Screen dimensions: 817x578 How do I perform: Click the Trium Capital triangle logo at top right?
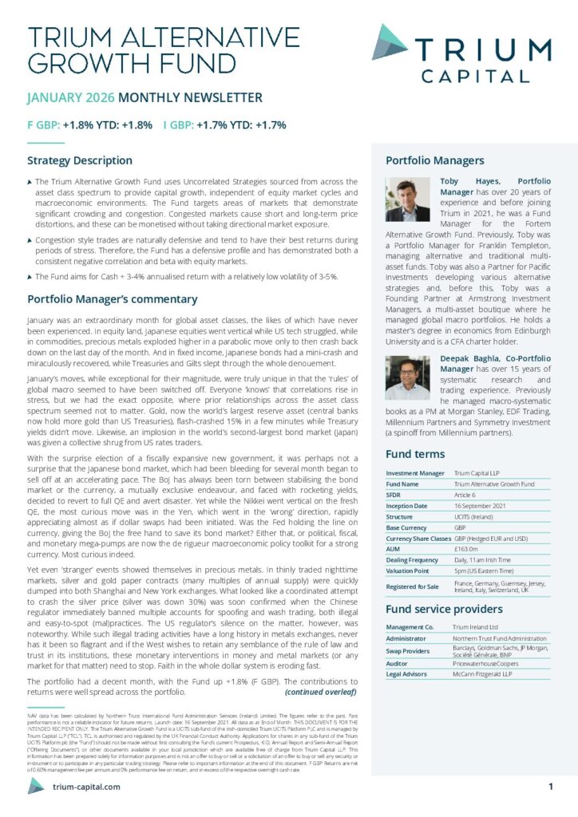coord(390,41)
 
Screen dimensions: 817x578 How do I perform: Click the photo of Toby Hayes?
coord(407,199)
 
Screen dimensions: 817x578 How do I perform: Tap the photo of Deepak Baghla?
coord(407,378)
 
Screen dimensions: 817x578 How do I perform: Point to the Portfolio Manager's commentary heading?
coord(113,299)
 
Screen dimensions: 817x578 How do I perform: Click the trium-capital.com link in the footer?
coord(86,787)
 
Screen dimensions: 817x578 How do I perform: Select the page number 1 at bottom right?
coord(551,786)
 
